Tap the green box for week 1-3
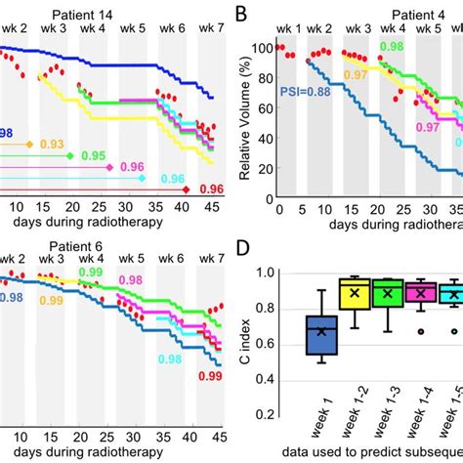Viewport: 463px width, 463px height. [x=388, y=294]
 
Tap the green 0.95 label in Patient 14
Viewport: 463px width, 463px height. [x=94, y=156]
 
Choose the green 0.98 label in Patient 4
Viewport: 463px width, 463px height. [x=391, y=47]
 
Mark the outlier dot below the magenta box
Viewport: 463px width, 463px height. [x=419, y=331]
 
